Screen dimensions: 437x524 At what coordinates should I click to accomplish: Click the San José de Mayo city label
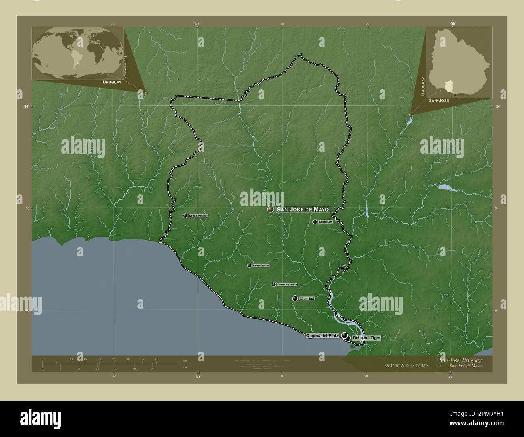(303, 209)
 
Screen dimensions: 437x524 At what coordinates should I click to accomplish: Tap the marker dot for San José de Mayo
(270, 209)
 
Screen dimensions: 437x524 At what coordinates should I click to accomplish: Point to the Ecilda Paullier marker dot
(185, 216)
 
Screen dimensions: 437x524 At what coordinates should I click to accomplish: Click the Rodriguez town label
(325, 222)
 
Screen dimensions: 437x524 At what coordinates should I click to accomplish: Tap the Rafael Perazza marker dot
(250, 266)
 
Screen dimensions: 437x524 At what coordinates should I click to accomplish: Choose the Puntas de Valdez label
(287, 285)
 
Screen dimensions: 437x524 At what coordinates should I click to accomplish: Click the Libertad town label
(307, 298)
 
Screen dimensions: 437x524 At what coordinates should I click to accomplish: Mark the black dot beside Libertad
(295, 298)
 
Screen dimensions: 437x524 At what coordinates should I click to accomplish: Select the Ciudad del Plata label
(322, 335)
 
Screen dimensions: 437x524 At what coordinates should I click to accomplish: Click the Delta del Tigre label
(366, 338)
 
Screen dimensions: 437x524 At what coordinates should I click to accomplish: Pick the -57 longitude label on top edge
(197, 23)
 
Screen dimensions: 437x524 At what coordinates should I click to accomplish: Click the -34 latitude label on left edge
(26, 106)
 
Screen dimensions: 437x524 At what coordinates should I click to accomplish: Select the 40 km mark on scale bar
(156, 359)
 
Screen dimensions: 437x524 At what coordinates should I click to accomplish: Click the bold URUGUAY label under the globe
(112, 82)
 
